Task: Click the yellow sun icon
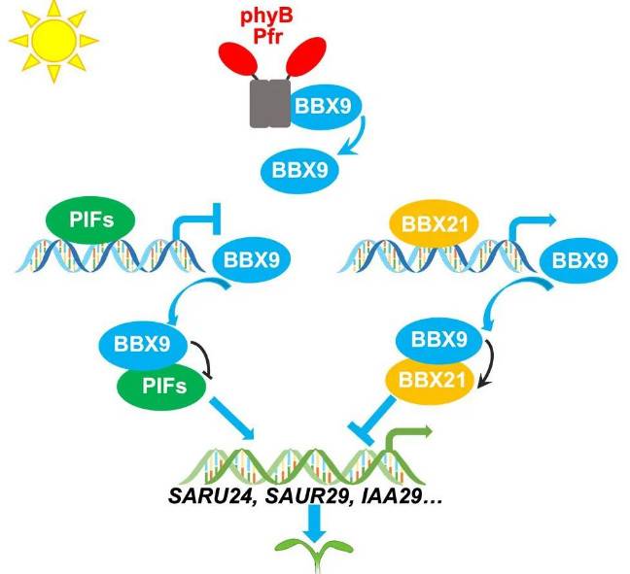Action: coord(46,40)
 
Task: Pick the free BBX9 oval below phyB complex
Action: coord(299,174)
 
